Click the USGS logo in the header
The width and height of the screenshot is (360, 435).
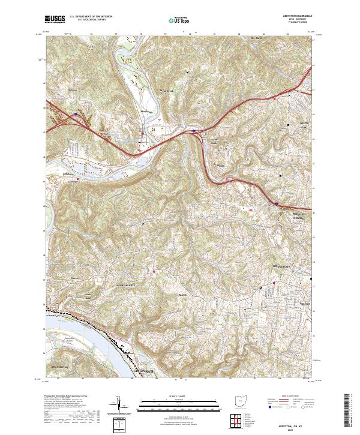coord(55,19)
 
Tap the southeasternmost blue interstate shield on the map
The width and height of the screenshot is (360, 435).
coord(276,203)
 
